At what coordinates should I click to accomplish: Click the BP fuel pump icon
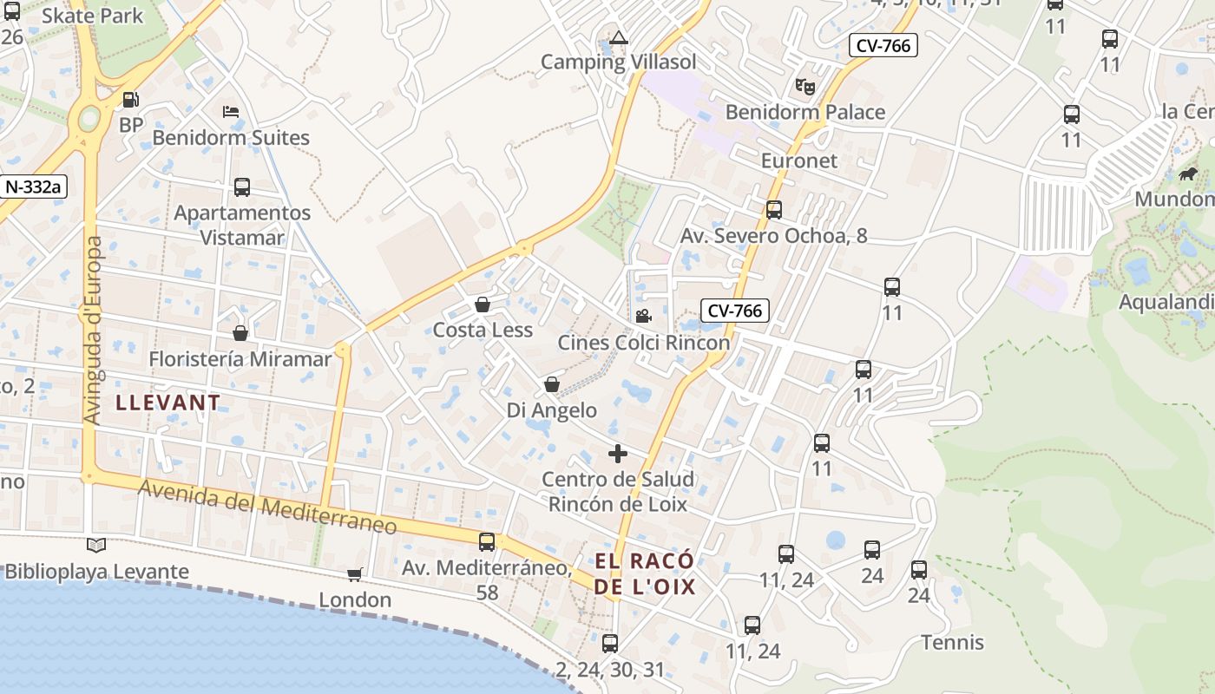click(x=130, y=101)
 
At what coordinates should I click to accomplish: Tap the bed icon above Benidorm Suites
click(x=231, y=112)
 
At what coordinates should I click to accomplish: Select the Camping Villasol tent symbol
click(x=618, y=37)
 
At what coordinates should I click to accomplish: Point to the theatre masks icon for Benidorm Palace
click(x=805, y=87)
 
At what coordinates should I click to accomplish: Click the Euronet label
click(x=799, y=160)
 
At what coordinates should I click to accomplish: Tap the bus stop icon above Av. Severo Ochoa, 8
click(x=773, y=210)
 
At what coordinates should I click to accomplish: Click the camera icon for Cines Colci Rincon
click(x=643, y=317)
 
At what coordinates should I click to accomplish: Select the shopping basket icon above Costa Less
click(x=483, y=304)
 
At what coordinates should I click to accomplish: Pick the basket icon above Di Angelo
click(x=552, y=384)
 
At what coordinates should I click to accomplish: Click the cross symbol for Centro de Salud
click(x=618, y=454)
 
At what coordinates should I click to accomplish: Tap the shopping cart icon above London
click(x=354, y=574)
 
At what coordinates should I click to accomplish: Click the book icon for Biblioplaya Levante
click(x=96, y=546)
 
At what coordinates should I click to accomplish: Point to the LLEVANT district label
click(x=168, y=403)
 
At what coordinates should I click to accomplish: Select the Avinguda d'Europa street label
click(x=94, y=330)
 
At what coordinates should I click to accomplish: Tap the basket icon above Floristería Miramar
click(x=240, y=333)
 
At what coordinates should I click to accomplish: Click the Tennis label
click(x=952, y=643)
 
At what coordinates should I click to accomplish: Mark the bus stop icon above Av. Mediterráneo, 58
click(x=487, y=542)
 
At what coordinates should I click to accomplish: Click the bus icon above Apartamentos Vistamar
click(x=242, y=187)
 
